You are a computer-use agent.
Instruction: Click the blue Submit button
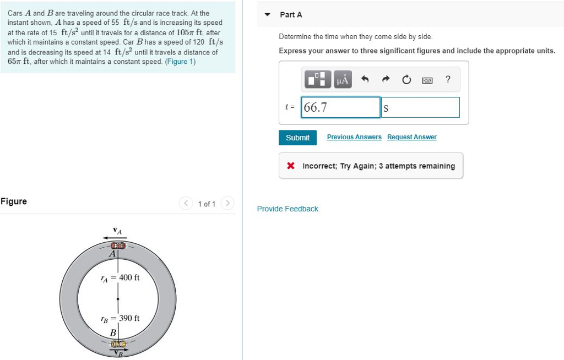pyautogui.click(x=297, y=138)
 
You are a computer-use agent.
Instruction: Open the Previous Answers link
pyautogui.click(x=354, y=137)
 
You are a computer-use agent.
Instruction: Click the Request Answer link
pyautogui.click(x=411, y=137)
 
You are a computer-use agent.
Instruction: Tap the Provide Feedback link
pyautogui.click(x=288, y=209)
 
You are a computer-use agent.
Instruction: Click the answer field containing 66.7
pyautogui.click(x=340, y=107)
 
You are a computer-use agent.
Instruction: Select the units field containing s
pyautogui.click(x=420, y=107)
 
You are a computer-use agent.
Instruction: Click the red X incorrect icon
pyautogui.click(x=291, y=166)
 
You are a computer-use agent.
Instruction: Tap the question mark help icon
pyautogui.click(x=448, y=80)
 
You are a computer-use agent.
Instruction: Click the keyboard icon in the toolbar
pyautogui.click(x=427, y=80)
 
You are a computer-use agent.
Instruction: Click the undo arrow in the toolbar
pyautogui.click(x=365, y=80)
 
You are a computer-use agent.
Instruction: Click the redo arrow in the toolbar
pyautogui.click(x=386, y=80)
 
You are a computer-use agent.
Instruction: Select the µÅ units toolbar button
pyautogui.click(x=342, y=80)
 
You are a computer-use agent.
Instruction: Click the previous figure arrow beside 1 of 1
pyautogui.click(x=186, y=204)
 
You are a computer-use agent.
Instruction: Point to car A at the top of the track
pyautogui.click(x=118, y=246)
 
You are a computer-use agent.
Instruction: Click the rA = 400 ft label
pyautogui.click(x=120, y=277)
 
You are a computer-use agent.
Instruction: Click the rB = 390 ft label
pyautogui.click(x=120, y=318)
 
